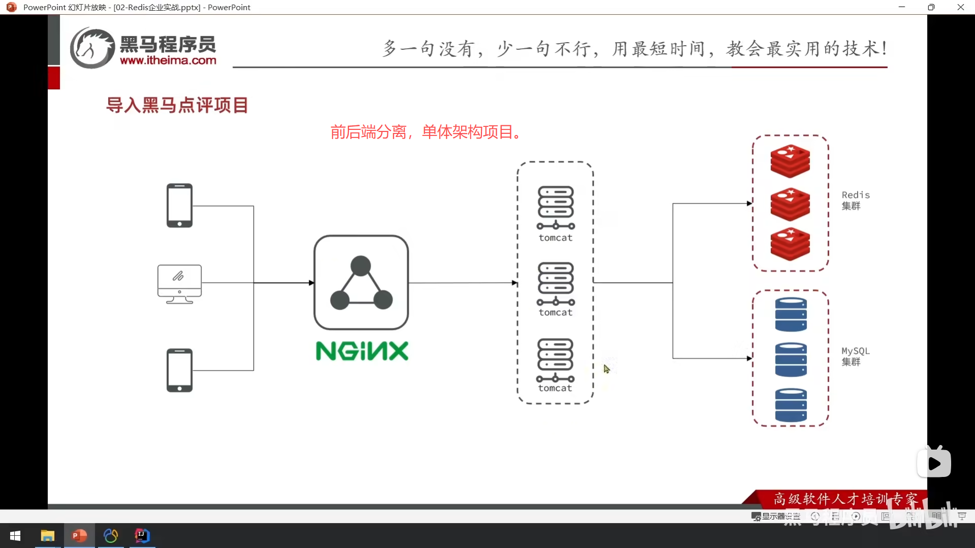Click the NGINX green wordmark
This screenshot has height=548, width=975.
362,351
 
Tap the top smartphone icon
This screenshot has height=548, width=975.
179,205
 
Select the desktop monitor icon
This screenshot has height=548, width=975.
179,284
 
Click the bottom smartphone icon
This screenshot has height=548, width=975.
179,370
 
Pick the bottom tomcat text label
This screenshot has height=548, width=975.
555,388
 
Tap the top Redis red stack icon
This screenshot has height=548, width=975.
790,161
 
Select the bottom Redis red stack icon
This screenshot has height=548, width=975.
790,244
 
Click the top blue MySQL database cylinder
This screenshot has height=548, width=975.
791,315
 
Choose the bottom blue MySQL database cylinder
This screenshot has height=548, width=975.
791,405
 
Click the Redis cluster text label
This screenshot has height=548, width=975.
855,200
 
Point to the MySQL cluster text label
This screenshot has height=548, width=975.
855,356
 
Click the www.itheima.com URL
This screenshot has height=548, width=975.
168,60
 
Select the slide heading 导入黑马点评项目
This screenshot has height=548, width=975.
177,106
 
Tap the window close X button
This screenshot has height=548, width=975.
960,7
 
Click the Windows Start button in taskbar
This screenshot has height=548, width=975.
15,536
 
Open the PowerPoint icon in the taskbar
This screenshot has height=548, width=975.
79,536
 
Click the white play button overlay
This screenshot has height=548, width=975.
934,463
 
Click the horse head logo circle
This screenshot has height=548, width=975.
92,48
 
